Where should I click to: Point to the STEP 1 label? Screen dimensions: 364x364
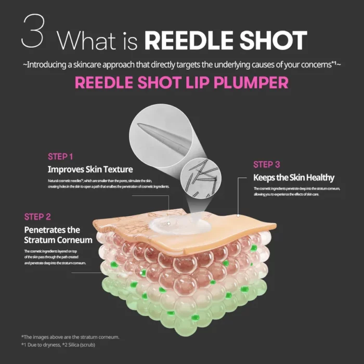[60, 156]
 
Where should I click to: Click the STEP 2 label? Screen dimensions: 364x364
[37, 216]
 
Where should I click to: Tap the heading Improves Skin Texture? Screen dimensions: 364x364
[90, 169]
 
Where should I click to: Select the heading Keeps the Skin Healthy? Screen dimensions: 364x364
[294, 177]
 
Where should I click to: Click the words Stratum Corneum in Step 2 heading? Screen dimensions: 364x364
[58, 240]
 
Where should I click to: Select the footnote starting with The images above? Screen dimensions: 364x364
[70, 336]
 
